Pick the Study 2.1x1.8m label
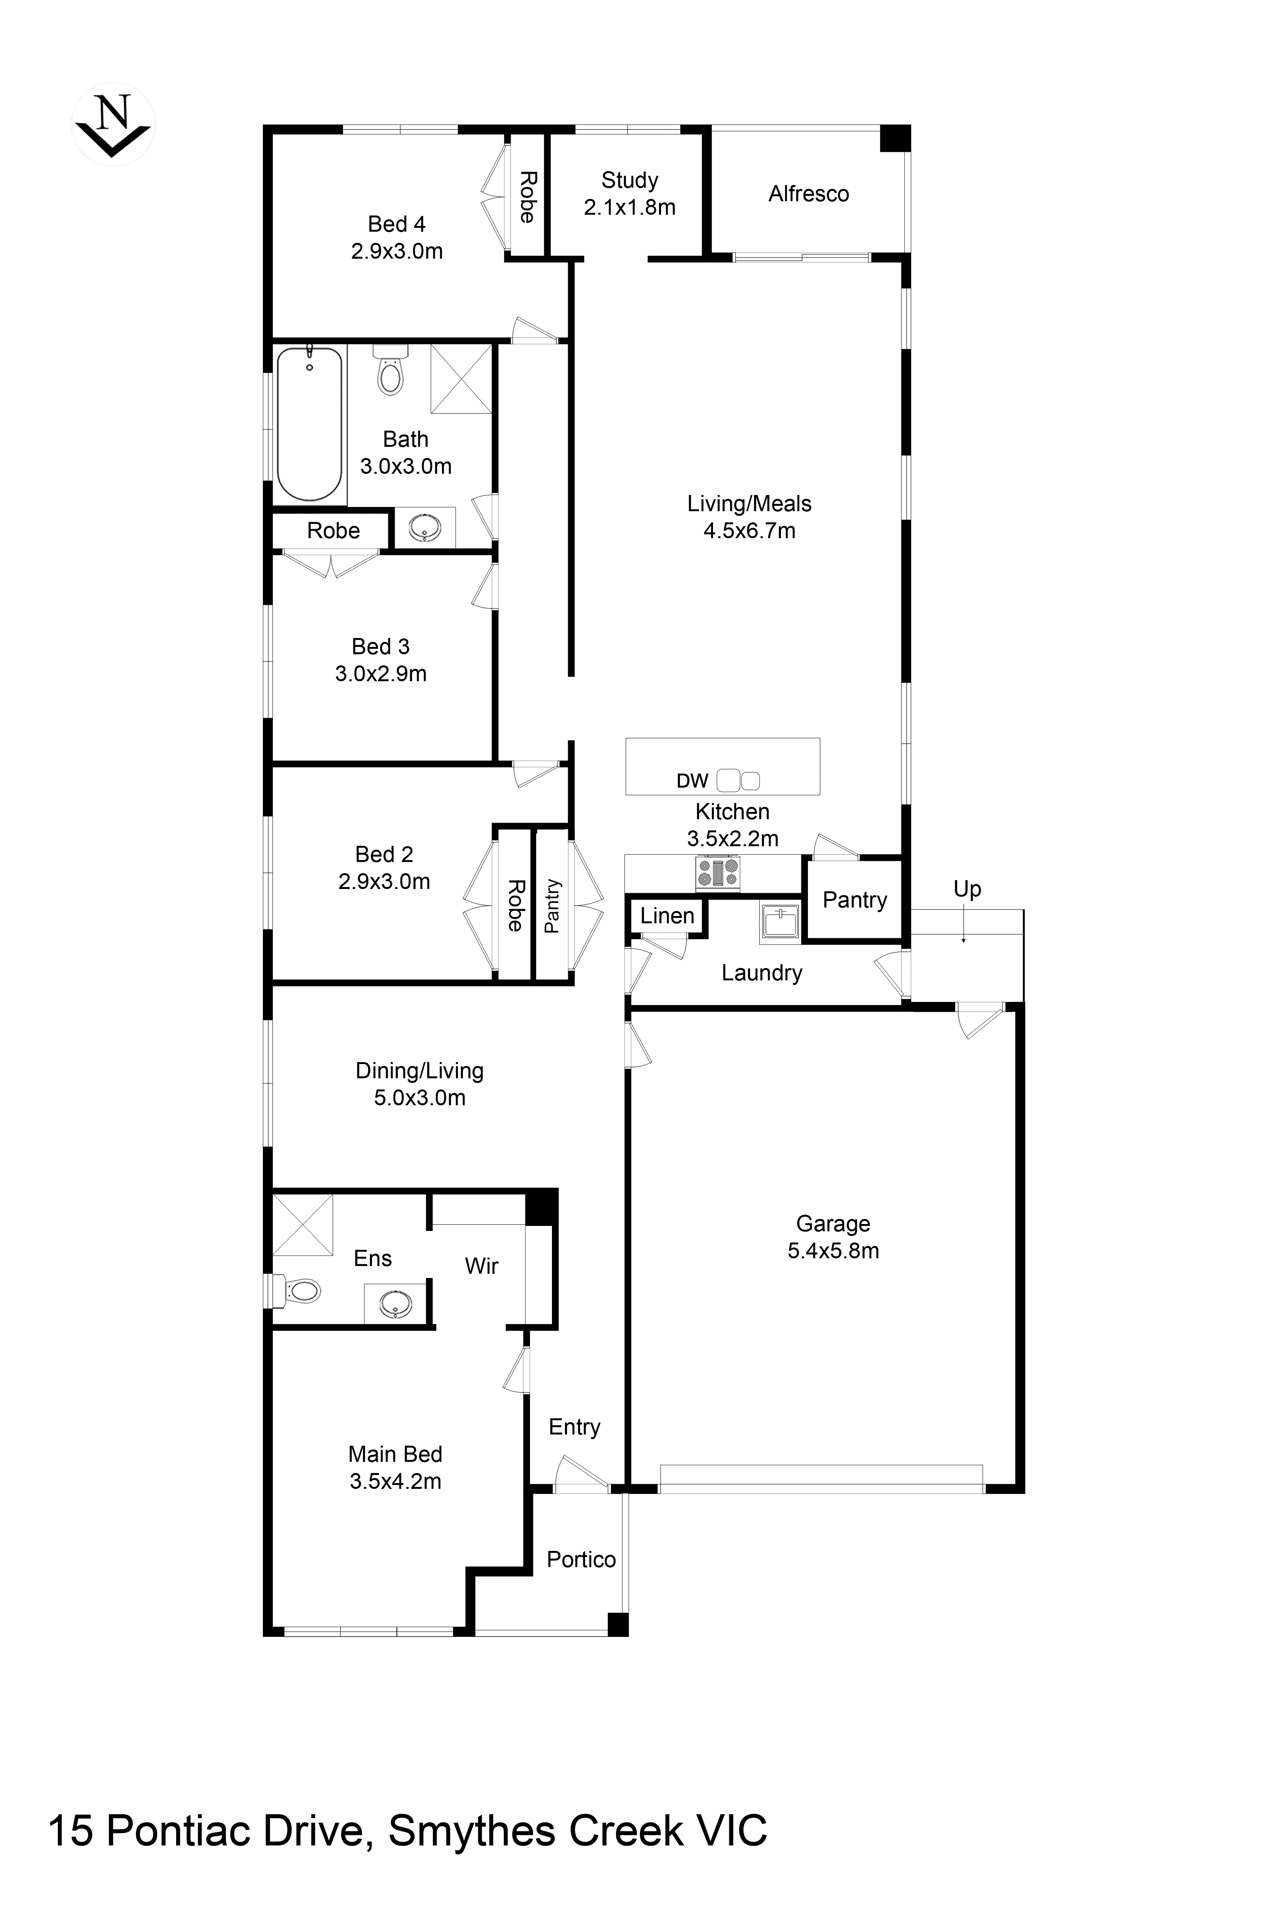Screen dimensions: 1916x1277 click(x=629, y=194)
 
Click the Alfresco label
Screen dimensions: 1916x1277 click(x=809, y=194)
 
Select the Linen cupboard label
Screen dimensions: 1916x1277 click(x=667, y=916)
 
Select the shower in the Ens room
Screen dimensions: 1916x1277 click(x=302, y=1225)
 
